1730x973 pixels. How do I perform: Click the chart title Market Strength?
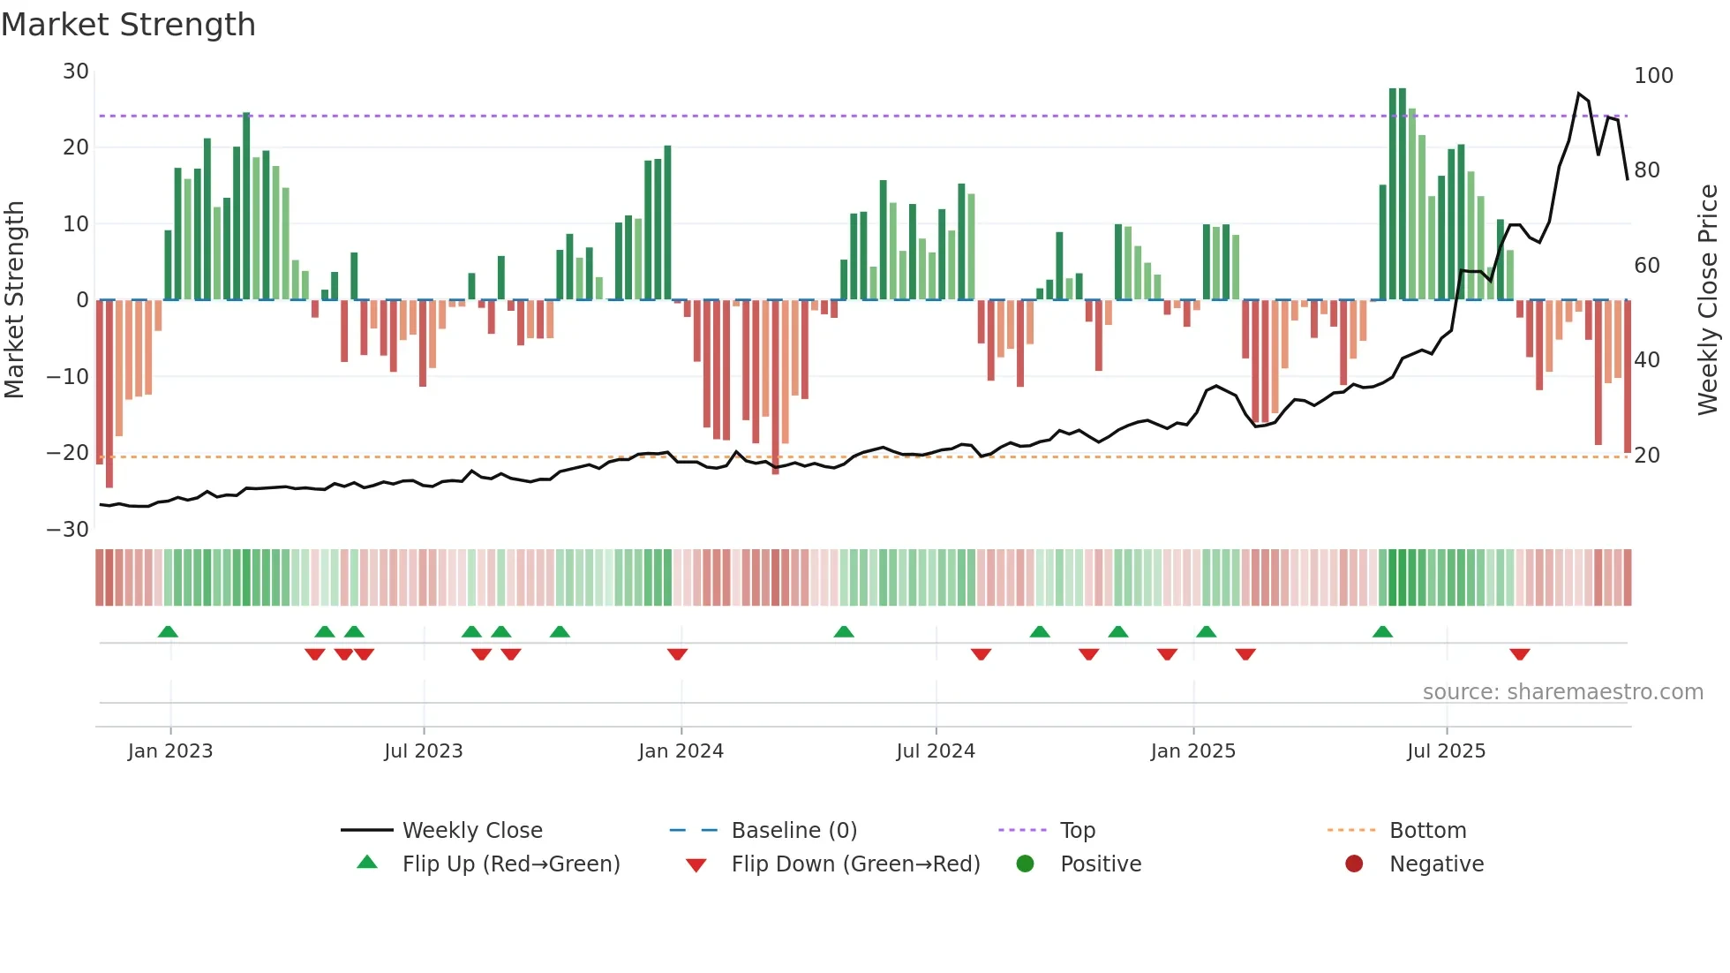coord(128,25)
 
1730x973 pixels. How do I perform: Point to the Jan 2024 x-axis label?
coord(681,751)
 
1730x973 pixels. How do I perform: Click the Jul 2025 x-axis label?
coord(1446,751)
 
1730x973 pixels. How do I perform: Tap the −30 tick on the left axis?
coord(68,530)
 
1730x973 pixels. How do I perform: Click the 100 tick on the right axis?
coord(1653,76)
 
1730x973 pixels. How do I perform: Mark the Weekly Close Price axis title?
coord(1708,300)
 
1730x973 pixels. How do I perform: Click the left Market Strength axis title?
coord(14,300)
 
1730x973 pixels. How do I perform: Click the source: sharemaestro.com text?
coord(1562,692)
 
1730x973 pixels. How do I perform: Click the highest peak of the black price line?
coord(1579,93)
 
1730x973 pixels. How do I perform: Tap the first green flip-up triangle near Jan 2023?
coord(168,631)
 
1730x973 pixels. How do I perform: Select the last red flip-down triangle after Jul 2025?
coord(1519,654)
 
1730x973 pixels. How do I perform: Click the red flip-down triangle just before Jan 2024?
coord(677,654)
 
